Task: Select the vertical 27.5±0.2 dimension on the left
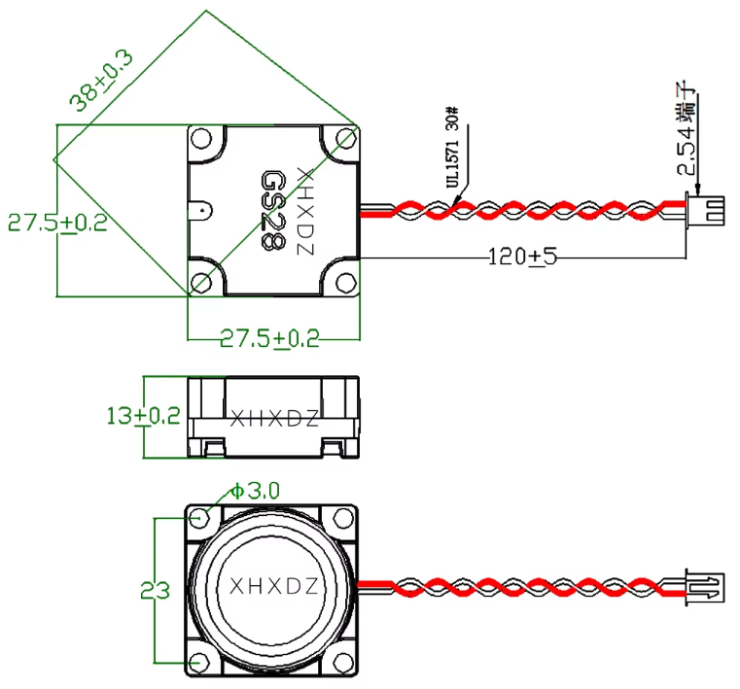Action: (57, 223)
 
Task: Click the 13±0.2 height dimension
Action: (143, 416)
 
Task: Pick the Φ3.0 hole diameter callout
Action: (255, 491)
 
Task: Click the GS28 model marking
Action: (273, 210)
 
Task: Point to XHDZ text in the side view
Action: (273, 419)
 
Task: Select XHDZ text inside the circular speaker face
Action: (273, 587)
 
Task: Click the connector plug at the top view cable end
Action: (706, 209)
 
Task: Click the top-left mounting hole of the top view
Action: (201, 137)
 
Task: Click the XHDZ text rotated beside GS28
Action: (304, 210)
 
